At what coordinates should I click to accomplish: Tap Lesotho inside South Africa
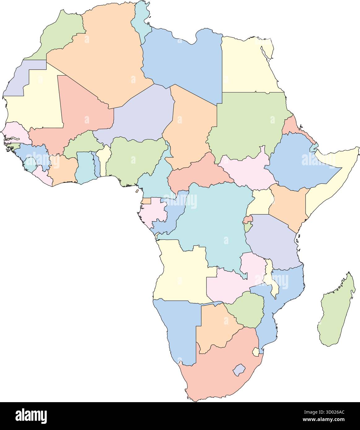(x=238, y=370)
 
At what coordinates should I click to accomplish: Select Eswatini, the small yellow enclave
(x=256, y=352)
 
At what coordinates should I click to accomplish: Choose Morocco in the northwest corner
(x=62, y=34)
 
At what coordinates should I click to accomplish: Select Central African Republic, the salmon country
(x=198, y=173)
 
